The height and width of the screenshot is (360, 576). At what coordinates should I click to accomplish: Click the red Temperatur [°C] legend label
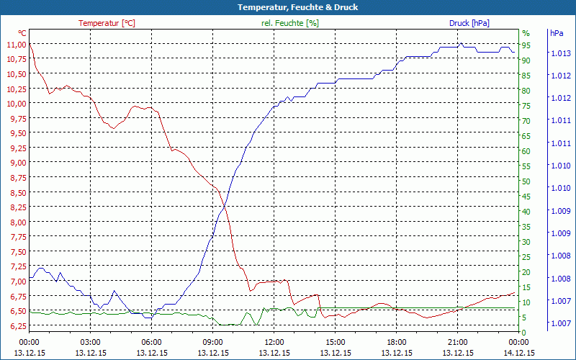[x=107, y=23]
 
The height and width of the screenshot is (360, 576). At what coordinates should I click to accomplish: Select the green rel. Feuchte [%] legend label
[x=290, y=23]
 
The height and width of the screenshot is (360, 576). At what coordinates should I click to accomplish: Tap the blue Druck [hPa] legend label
[x=469, y=23]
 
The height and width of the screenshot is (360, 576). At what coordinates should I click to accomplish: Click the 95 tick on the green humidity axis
[x=526, y=45]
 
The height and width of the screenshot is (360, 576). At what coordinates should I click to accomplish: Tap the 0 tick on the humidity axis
[x=524, y=332]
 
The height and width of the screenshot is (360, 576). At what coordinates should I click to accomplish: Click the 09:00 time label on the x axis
[x=213, y=342]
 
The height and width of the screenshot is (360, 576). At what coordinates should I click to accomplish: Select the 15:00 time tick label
[x=336, y=342]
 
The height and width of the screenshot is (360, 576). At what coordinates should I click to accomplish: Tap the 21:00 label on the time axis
[x=458, y=342]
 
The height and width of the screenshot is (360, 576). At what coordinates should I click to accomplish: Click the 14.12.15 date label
[x=519, y=353]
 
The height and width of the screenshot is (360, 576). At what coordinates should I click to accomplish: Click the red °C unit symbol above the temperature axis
[x=22, y=33]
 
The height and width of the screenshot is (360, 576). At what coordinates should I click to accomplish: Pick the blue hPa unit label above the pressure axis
[x=557, y=33]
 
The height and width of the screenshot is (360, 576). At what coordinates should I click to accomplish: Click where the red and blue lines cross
[x=224, y=206]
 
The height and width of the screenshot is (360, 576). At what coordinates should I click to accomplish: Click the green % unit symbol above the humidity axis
[x=526, y=33]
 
